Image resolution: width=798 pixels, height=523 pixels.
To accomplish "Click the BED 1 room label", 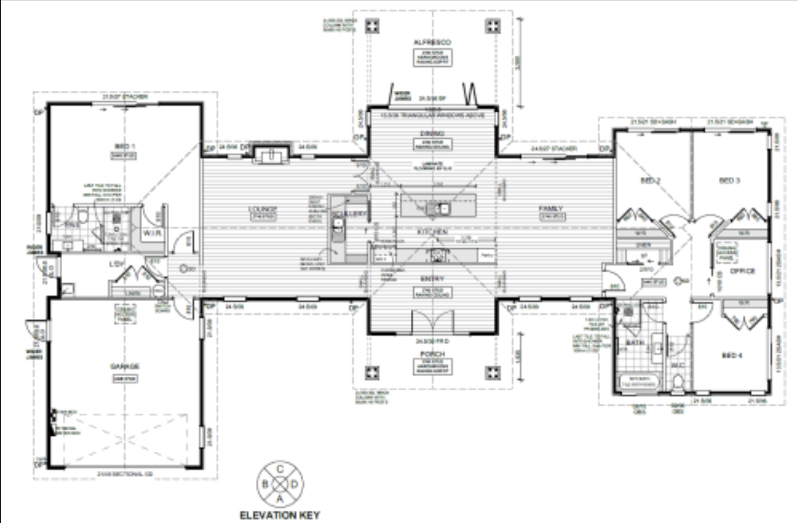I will (125, 147).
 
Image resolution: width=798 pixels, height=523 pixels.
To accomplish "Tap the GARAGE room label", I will (125, 367).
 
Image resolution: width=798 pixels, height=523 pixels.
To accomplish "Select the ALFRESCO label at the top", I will (432, 42).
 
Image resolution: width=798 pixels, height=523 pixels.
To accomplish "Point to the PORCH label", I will (432, 354).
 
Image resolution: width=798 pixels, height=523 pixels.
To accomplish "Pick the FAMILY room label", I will (551, 208).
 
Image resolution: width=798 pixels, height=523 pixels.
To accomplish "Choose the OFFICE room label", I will (742, 271).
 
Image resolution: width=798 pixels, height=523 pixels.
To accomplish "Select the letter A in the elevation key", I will (280, 498).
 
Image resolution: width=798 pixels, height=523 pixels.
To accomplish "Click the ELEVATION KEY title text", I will (280, 515).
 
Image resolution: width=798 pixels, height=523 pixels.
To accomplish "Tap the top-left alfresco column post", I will (373, 26).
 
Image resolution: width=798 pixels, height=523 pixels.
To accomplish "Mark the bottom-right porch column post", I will (492, 373).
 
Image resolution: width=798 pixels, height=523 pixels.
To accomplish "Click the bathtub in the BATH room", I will (638, 382).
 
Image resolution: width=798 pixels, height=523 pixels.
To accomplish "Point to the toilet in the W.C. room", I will (678, 382).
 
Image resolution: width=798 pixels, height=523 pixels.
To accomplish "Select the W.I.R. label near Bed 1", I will (152, 233).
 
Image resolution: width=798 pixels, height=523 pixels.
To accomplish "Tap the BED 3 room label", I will (730, 180).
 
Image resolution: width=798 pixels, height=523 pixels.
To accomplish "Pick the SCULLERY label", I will (350, 214).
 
